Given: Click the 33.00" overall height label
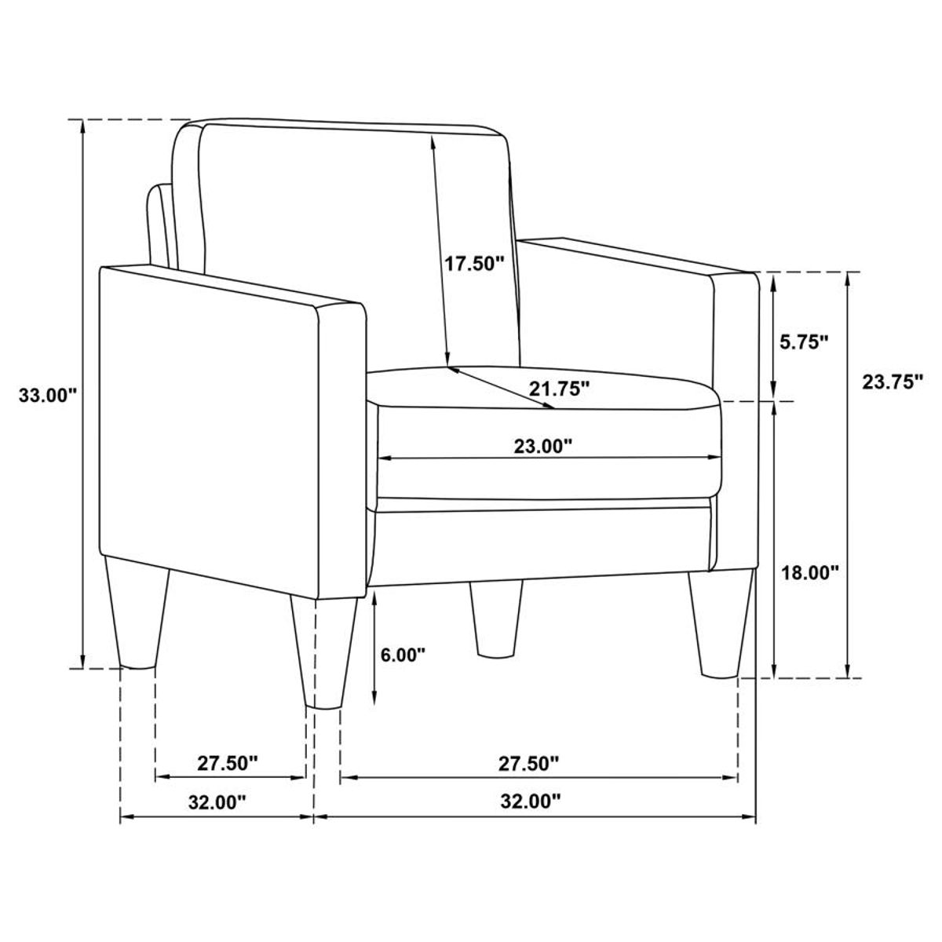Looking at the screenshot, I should [47, 395].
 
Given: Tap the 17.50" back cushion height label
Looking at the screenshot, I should [473, 263].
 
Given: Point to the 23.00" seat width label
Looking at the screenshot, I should [543, 447].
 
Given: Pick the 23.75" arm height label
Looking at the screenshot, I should [892, 382].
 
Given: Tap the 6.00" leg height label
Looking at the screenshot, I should [403, 653].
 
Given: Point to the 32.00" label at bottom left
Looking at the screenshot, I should [217, 801].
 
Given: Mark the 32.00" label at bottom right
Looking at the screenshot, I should [532, 801].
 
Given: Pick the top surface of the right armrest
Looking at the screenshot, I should [636, 255].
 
